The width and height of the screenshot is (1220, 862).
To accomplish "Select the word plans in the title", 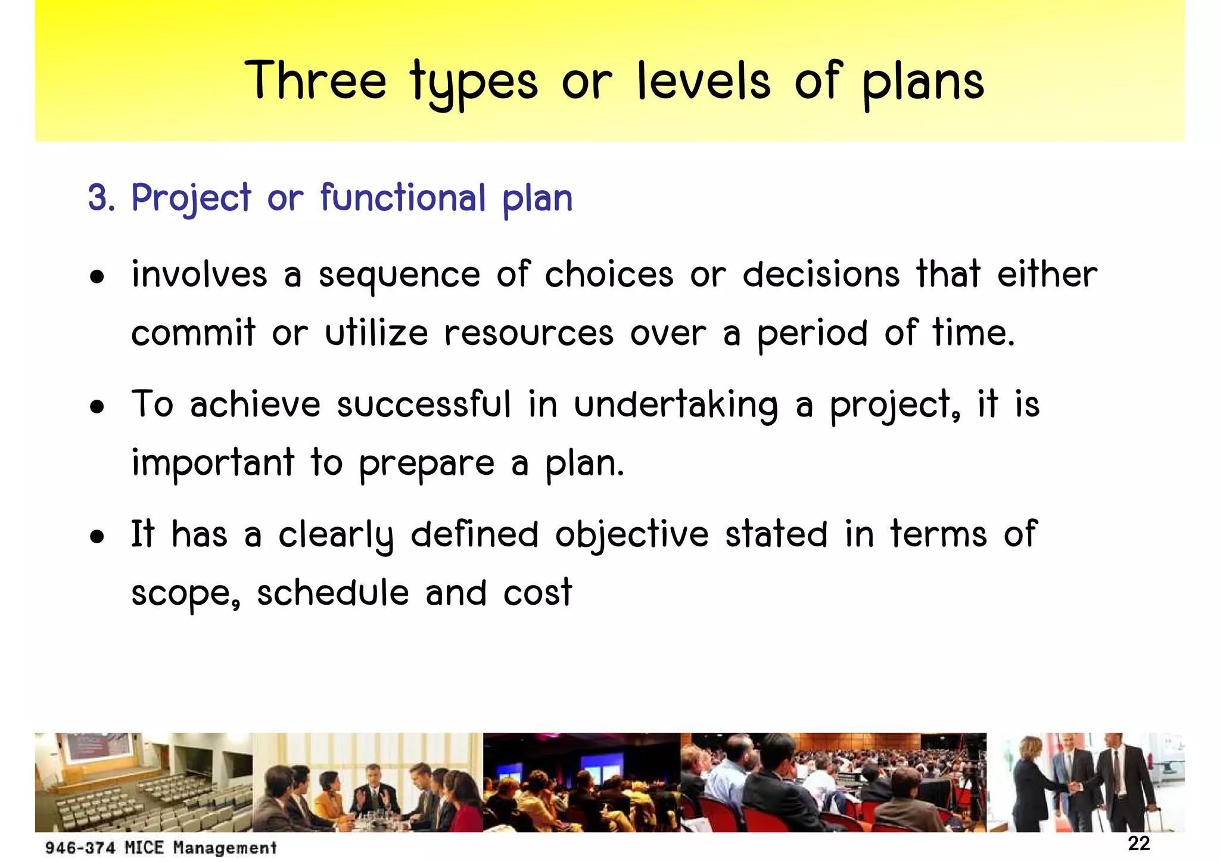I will click(x=923, y=83).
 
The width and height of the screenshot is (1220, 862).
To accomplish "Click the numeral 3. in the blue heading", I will click(x=101, y=198).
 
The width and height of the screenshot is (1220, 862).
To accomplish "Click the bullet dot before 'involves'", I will click(x=97, y=277).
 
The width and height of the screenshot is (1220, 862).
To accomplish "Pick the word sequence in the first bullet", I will click(x=399, y=276).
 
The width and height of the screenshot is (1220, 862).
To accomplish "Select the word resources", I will click(x=528, y=333).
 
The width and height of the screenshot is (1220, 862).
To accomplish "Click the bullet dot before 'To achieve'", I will click(x=97, y=407).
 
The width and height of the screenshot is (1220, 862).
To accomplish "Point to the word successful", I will click(x=424, y=404).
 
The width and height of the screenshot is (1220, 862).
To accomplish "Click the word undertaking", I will click(x=676, y=406).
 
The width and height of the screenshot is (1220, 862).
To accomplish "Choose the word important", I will click(x=213, y=463).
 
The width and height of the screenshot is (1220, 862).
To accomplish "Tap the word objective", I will click(x=631, y=535).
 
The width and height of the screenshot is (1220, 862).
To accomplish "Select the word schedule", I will click(x=332, y=593).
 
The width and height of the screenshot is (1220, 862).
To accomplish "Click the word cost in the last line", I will click(x=537, y=593).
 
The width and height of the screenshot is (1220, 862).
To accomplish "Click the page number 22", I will click(x=1138, y=843).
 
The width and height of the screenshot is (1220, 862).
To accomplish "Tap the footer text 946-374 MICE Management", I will click(x=161, y=847).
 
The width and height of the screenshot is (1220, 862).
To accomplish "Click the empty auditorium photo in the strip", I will click(x=144, y=782).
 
